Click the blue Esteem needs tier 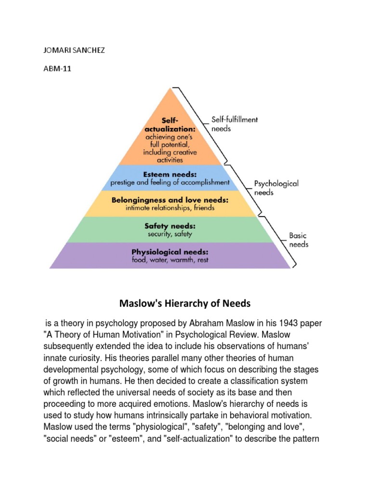pos(170,178)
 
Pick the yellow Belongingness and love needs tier pos(170,204)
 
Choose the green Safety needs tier pos(170,230)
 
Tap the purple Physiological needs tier pos(170,256)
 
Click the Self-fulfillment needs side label pos(234,124)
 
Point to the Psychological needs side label pos(276,188)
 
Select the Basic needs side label pos(298,240)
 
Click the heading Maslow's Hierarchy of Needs pos(185,304)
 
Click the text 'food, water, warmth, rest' pos(170,260)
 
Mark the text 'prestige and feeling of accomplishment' pos(170,182)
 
